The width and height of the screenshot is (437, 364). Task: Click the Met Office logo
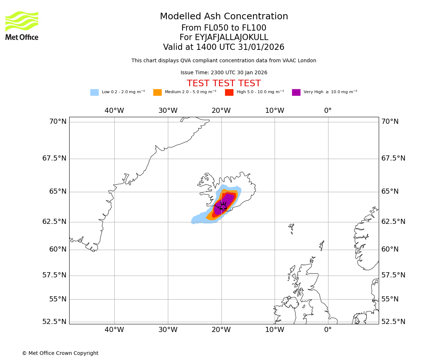(22, 25)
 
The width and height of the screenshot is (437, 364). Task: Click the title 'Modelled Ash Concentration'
(224, 17)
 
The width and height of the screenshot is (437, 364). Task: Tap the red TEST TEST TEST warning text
(224, 83)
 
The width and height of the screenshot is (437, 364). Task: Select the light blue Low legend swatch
(94, 92)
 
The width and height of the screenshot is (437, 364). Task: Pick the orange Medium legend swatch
(157, 92)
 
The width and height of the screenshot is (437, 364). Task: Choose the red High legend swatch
(229, 92)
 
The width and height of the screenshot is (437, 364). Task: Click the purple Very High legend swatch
(296, 92)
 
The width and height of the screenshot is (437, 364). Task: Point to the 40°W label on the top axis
(114, 111)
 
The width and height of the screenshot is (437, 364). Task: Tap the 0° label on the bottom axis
(328, 330)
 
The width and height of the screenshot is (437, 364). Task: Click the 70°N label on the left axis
(58, 122)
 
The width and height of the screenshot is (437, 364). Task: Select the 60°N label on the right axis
(390, 249)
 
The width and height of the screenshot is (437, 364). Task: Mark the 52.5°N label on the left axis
(55, 322)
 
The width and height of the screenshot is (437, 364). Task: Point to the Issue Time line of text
(224, 73)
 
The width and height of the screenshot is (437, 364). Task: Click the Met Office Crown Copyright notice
(60, 353)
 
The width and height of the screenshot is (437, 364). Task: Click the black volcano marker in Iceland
(223, 206)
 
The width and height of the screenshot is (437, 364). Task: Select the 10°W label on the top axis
(275, 111)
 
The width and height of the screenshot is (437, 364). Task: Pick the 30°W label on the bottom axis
(168, 330)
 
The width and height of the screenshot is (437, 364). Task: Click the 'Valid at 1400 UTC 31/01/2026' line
(224, 47)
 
